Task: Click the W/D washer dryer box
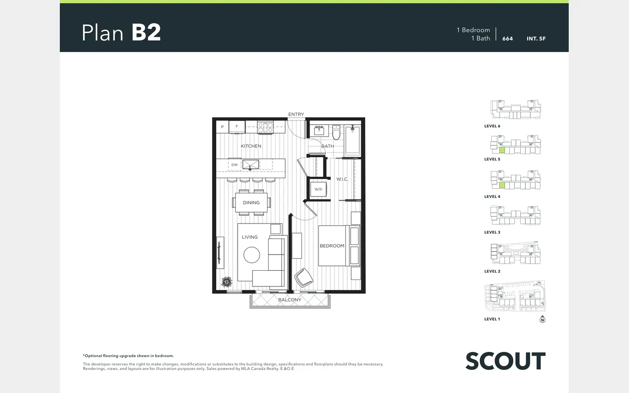[318, 189]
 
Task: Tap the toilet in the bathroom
[336, 132]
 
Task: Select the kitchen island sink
[250, 165]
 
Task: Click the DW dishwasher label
[235, 165]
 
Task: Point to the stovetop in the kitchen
[266, 128]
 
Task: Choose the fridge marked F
[237, 127]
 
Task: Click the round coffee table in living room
[252, 255]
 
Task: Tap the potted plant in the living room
[227, 282]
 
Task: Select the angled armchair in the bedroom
[304, 278]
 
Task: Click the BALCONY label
[290, 300]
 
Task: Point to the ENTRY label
[296, 114]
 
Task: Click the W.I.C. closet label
[342, 179]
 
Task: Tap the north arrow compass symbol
[542, 320]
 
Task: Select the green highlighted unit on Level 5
[502, 151]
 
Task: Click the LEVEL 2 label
[492, 271]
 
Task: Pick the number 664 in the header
[508, 39]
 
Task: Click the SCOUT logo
[505, 361]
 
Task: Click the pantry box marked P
[222, 127]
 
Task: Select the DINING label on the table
[251, 203]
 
